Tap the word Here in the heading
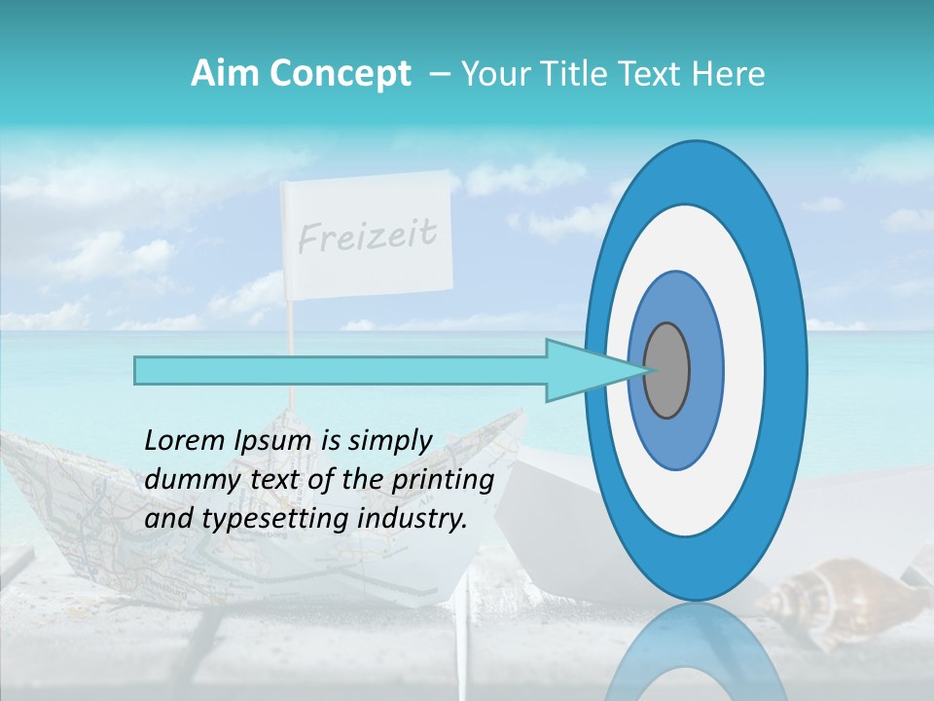(730, 73)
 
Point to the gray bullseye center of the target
(666, 371)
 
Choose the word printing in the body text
(442, 480)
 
